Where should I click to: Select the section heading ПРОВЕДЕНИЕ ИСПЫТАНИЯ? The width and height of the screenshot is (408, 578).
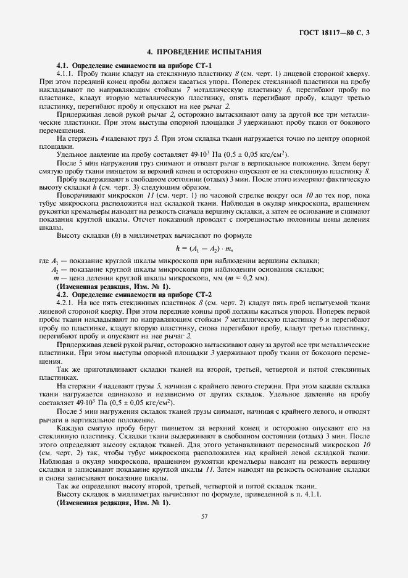tap(204, 52)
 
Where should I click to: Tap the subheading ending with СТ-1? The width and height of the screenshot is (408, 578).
tap(134, 65)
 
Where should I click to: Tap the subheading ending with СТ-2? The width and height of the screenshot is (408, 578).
tap(134, 294)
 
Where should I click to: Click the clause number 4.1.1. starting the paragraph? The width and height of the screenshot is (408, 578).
tap(65, 72)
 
